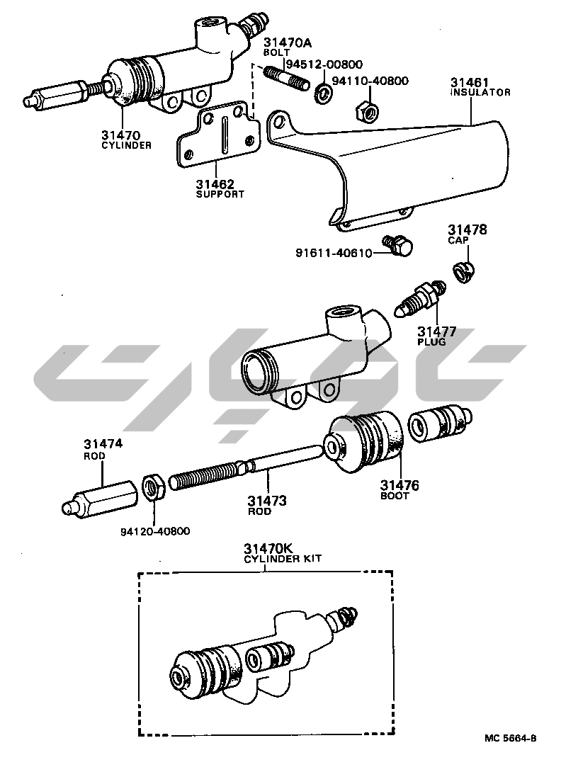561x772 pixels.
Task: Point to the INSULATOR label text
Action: (480, 92)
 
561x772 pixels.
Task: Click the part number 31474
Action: (103, 444)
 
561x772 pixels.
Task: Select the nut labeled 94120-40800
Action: (154, 487)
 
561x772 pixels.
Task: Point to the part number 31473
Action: (267, 501)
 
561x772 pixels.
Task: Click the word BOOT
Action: (395, 496)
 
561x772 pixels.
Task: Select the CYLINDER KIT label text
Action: (283, 559)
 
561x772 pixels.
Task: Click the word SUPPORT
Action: (220, 194)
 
